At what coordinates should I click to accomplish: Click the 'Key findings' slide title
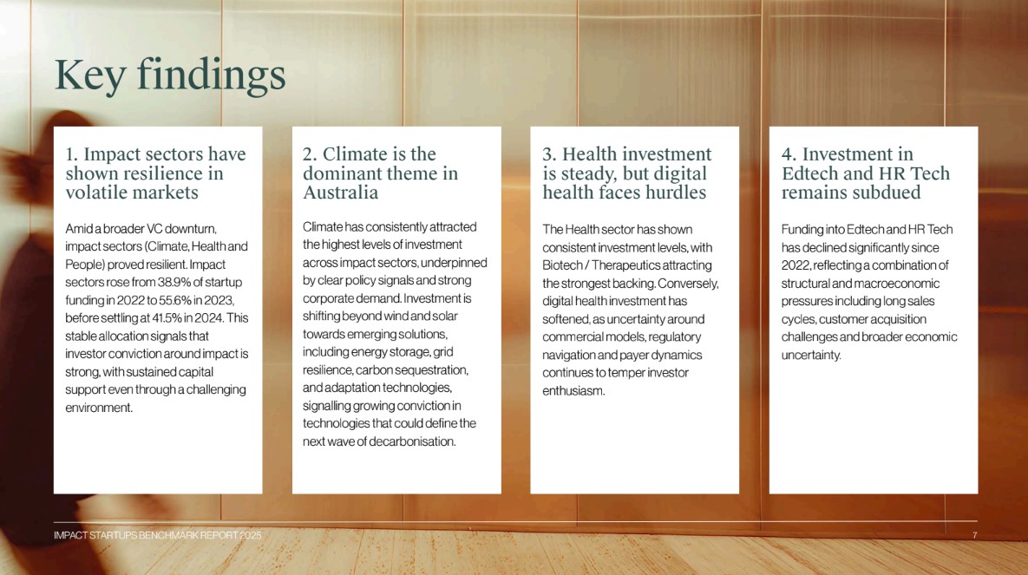pos(170,75)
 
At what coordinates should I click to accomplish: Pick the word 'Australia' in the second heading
pos(340,193)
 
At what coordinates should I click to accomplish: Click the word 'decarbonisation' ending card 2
pos(412,441)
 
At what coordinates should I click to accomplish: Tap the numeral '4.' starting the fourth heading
pos(789,154)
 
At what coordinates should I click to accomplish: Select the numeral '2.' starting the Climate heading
pos(310,154)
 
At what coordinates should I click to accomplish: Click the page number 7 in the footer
pos(975,536)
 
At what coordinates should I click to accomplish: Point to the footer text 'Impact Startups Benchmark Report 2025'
pos(157,536)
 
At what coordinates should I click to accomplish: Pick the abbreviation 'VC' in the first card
pos(154,229)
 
